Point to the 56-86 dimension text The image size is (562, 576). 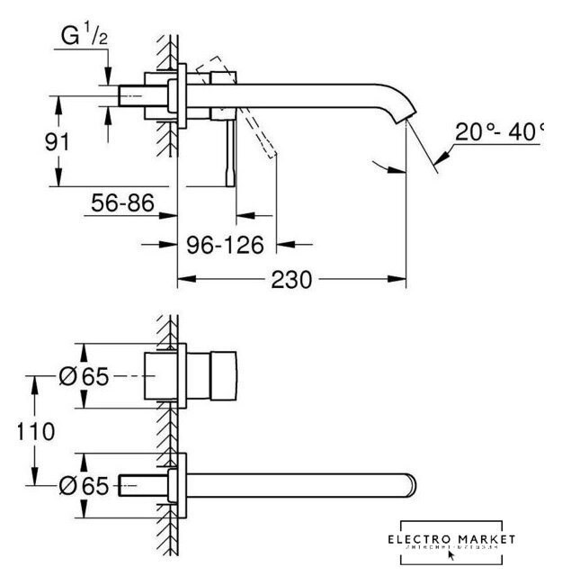(120, 205)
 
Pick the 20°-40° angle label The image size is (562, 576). (499, 132)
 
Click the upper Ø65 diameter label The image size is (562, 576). (82, 378)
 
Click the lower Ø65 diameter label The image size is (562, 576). (82, 486)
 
